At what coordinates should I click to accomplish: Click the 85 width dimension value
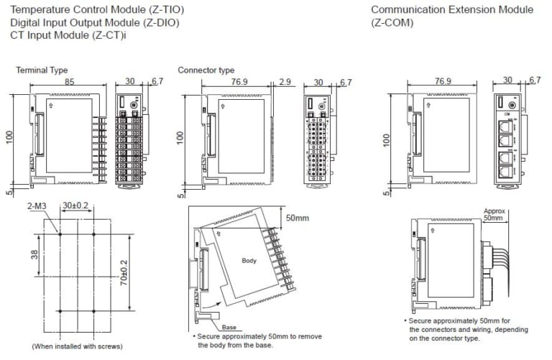(x=69, y=81)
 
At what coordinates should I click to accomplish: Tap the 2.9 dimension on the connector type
(x=285, y=82)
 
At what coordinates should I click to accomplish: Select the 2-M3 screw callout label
(x=37, y=206)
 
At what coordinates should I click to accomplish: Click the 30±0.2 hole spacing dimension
(x=75, y=206)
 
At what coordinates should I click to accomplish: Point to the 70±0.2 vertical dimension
(x=124, y=272)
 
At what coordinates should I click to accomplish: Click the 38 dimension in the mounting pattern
(x=34, y=254)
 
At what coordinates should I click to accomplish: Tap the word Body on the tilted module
(x=249, y=261)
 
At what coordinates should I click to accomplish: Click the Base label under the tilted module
(x=229, y=327)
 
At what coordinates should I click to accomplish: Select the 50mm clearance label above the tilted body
(x=298, y=218)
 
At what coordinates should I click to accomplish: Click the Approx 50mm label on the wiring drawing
(x=494, y=214)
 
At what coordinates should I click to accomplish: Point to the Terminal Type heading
(x=42, y=70)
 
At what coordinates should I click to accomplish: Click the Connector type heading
(x=206, y=70)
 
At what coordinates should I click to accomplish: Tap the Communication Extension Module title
(x=452, y=9)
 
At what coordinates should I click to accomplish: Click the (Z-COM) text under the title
(x=392, y=22)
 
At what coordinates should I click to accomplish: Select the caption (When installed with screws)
(x=78, y=346)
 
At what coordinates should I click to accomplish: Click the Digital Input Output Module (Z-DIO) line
(x=95, y=22)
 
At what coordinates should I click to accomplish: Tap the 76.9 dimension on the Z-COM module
(x=443, y=81)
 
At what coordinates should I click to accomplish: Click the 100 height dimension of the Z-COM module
(x=387, y=140)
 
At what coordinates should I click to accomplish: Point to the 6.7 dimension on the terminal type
(x=157, y=81)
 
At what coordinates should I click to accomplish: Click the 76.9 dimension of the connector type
(x=239, y=82)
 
